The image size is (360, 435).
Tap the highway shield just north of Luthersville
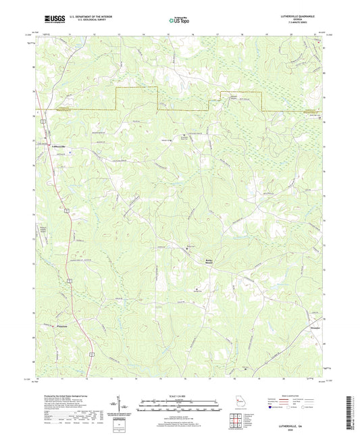[42, 120]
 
